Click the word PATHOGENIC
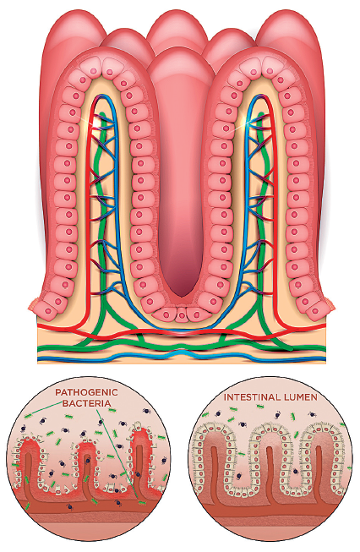86,392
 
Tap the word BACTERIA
86,403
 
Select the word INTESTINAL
248,397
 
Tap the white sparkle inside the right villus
248,123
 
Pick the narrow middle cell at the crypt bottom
181,314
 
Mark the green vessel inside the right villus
261,218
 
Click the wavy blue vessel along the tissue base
181,354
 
